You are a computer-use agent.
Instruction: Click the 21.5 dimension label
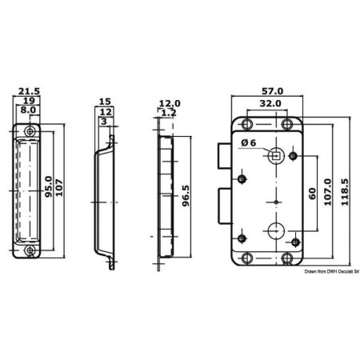point(29,91)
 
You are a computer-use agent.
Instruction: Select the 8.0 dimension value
point(28,110)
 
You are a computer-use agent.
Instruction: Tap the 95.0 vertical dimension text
point(49,186)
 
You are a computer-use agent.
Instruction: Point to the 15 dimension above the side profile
point(105,102)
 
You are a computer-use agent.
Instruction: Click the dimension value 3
point(104,122)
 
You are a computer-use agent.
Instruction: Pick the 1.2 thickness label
point(169,113)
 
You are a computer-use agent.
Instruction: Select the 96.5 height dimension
point(186,196)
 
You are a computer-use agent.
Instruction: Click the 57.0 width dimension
point(272,91)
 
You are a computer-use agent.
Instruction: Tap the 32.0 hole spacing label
point(270,103)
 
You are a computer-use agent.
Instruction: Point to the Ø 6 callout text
point(249,143)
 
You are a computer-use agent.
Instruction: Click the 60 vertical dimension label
point(312,194)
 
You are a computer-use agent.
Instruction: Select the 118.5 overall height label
point(345,192)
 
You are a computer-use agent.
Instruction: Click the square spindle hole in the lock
point(276,155)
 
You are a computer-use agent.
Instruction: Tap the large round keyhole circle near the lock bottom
point(276,230)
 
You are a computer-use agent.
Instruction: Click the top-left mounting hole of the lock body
point(247,124)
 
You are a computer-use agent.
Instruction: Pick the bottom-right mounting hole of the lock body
point(287,258)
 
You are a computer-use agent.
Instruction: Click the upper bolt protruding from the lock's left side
point(225,156)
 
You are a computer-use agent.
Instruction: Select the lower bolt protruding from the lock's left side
point(225,206)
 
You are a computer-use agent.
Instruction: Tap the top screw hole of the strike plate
point(30,131)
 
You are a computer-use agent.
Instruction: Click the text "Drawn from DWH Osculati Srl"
point(332,271)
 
